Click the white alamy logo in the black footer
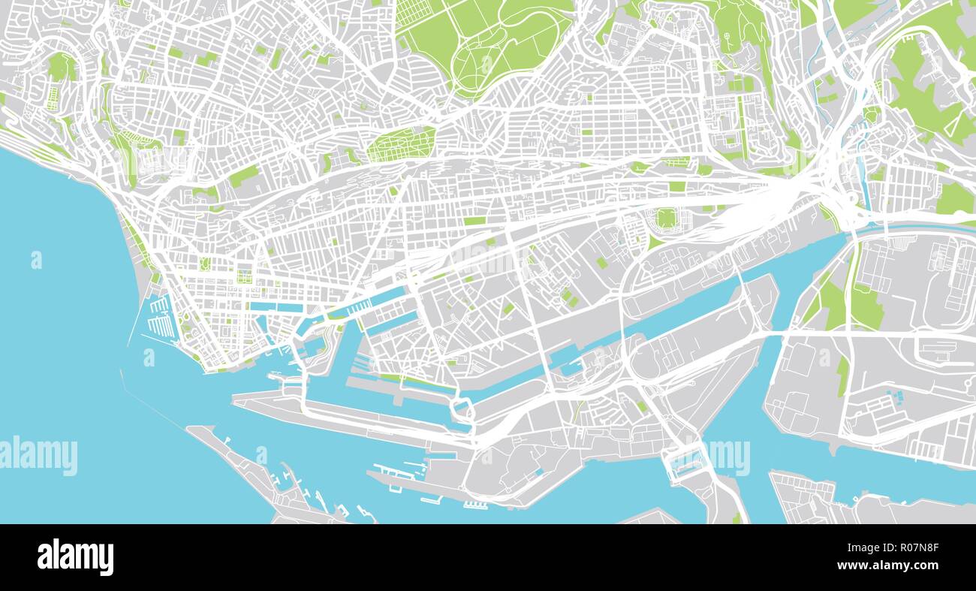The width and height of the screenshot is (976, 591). pos(75,557)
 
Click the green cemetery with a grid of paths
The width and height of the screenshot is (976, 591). pos(402,144)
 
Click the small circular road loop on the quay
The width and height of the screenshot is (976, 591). pos(461,410)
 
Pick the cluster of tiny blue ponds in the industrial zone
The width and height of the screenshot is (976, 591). pos(894,396)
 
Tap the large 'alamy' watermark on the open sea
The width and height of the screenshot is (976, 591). pos(39,455)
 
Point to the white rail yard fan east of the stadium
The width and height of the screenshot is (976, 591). pos(766,203)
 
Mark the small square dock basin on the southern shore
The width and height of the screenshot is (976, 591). pos(682,466)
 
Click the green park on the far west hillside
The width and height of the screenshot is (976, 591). pos(60,68)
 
